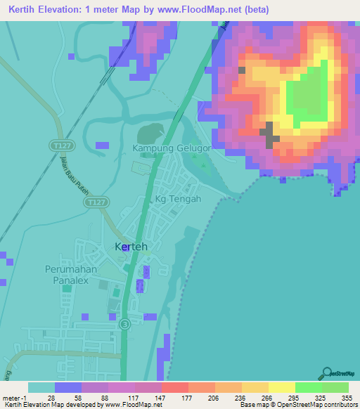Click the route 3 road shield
pos(124,324)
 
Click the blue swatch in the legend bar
pos(68,387)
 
